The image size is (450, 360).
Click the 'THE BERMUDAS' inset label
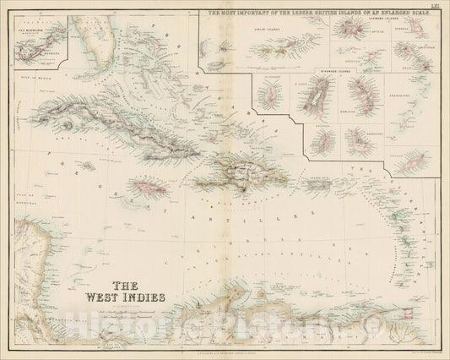[33, 25]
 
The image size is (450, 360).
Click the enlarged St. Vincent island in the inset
[268, 94]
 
